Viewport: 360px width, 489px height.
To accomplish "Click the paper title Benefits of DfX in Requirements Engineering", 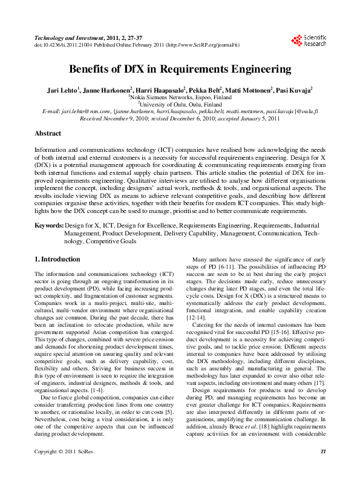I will (x=180, y=69).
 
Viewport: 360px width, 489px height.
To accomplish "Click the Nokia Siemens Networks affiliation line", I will (x=179, y=97).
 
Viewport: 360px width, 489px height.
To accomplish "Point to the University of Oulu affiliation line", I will (x=179, y=104).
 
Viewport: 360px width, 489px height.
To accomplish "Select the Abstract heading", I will (x=47, y=133).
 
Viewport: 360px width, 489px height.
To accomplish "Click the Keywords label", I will (x=48, y=225).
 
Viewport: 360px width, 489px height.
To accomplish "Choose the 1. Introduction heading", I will (x=57, y=260).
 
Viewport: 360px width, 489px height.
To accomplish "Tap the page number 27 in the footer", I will (x=322, y=468).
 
